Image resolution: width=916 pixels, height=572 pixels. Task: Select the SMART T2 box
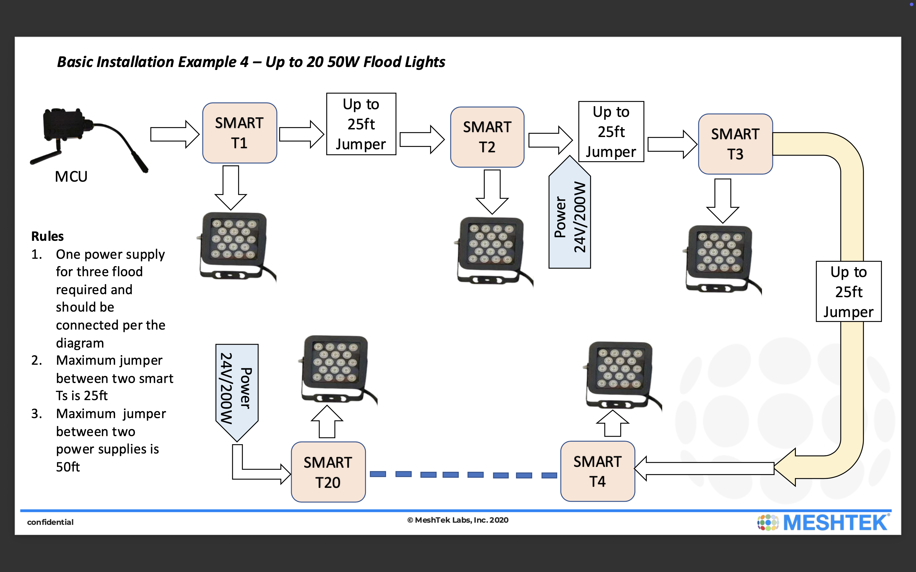[x=487, y=137]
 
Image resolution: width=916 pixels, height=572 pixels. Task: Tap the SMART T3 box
[x=735, y=144]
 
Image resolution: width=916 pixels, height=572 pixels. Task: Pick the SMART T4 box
[x=597, y=471]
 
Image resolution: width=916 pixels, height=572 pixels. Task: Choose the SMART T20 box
[x=328, y=472]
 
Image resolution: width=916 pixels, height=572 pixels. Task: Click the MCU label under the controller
[x=71, y=177]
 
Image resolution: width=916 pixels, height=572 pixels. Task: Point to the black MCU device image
[x=72, y=132]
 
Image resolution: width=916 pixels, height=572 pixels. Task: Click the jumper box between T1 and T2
[x=361, y=124]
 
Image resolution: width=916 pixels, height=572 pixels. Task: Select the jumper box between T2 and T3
[x=611, y=132]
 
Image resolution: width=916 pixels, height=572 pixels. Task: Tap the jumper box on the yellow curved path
[x=849, y=292]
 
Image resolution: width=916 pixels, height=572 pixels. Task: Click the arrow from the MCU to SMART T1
[x=174, y=134]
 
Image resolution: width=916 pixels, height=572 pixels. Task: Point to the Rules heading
[x=47, y=236]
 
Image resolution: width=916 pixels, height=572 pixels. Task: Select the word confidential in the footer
[x=50, y=522]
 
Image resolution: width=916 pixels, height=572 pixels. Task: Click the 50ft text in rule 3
[x=68, y=467]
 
